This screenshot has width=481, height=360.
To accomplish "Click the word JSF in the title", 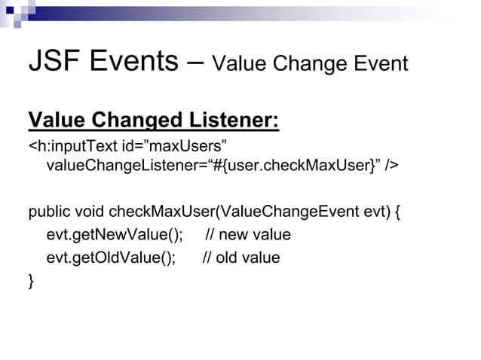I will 54,62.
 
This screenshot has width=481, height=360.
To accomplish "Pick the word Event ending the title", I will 378,65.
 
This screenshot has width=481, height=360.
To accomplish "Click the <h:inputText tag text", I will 72,145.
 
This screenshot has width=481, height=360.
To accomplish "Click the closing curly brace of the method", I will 31,282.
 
